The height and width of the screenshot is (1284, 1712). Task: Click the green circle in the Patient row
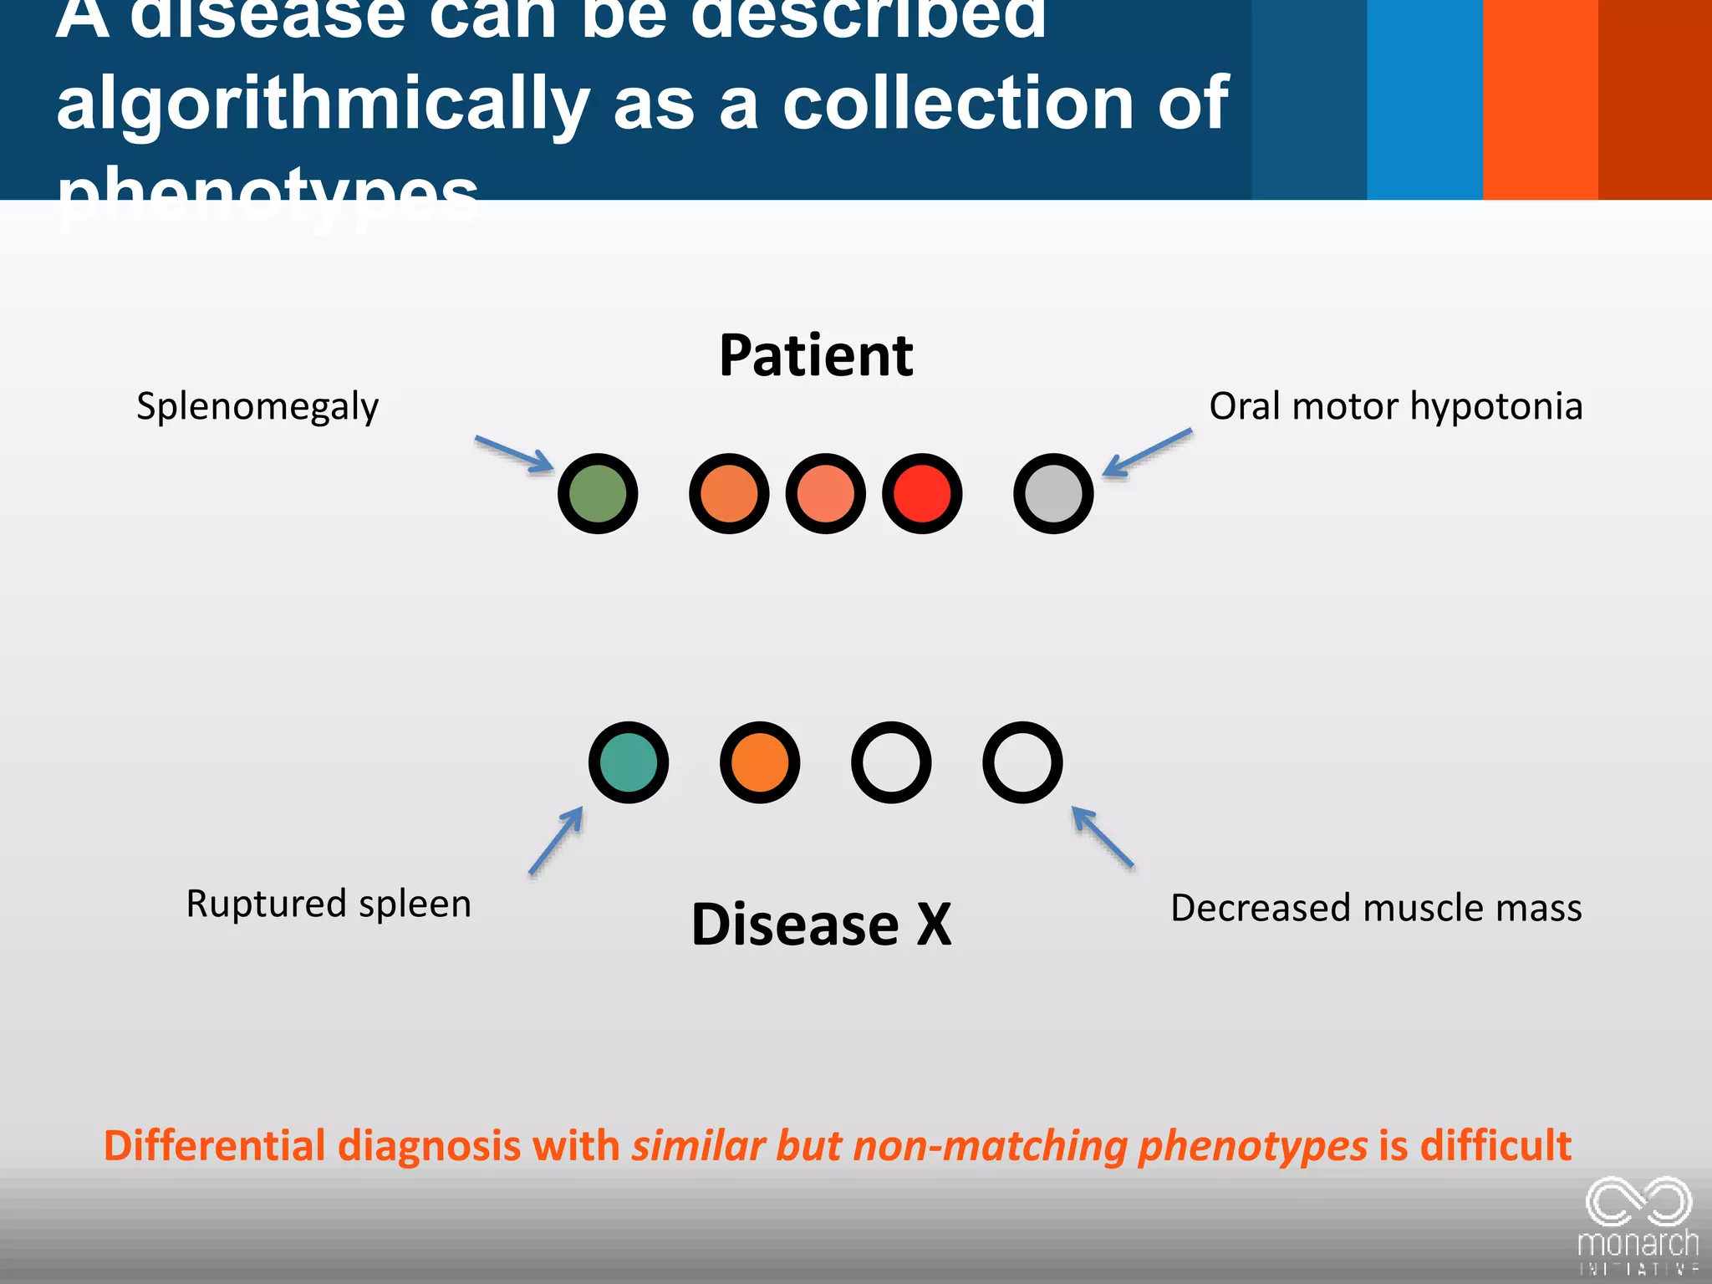[598, 493]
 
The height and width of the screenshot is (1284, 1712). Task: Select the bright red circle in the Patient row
[922, 493]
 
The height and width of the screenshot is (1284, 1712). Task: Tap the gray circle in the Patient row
[1053, 493]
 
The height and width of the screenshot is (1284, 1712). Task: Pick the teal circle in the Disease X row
[629, 762]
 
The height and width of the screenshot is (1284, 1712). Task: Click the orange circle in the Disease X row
[760, 762]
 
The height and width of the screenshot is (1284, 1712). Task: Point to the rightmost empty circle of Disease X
[1022, 762]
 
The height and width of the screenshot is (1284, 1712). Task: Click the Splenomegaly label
[257, 407]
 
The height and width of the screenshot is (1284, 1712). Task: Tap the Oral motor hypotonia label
[1395, 407]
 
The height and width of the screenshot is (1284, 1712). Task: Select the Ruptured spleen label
[329, 904]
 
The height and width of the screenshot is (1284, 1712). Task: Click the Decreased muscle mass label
[1376, 908]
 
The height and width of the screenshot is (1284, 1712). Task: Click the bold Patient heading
[816, 355]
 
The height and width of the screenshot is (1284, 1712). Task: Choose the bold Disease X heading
[821, 925]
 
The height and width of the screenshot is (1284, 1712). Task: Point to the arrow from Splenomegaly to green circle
[514, 454]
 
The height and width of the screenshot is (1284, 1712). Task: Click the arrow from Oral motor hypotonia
[1147, 453]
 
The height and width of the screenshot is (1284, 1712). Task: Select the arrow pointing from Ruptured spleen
[556, 840]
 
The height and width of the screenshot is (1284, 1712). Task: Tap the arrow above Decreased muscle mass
[1103, 837]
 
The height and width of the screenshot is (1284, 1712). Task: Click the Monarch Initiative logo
[1638, 1225]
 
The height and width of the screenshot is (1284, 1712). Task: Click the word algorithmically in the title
[323, 104]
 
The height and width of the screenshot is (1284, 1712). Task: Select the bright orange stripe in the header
[1540, 99]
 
